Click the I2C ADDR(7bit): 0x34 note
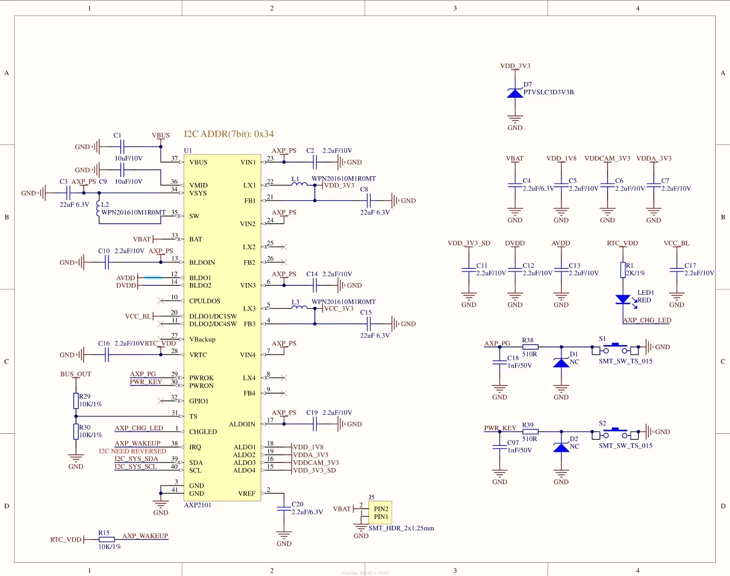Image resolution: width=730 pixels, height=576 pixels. point(229,134)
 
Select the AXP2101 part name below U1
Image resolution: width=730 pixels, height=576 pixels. point(197,505)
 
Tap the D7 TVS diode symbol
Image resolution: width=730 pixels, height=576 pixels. point(515,93)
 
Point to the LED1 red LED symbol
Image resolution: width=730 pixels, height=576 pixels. point(623,299)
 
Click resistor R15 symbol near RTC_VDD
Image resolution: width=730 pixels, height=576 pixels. point(106,539)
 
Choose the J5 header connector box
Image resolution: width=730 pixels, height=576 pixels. point(380,512)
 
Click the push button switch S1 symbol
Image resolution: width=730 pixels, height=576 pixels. point(615,349)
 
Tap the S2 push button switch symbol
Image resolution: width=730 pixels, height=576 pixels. point(615,433)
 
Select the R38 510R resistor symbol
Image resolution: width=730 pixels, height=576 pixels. point(530,347)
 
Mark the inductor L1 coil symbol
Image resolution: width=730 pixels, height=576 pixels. point(299,184)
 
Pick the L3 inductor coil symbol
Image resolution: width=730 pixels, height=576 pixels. point(299,307)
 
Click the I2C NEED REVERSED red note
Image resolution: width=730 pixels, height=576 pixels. point(133,451)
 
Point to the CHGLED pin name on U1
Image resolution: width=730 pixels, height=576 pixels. point(203,432)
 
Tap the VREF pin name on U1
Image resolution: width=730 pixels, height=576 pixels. point(247,493)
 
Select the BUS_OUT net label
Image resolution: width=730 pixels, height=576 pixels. point(76,374)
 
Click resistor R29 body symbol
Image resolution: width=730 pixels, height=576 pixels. point(76,401)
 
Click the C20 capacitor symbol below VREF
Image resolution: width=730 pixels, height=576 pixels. point(284,509)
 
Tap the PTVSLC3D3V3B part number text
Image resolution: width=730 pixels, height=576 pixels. point(549,92)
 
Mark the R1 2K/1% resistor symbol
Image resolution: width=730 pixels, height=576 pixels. point(623,270)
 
